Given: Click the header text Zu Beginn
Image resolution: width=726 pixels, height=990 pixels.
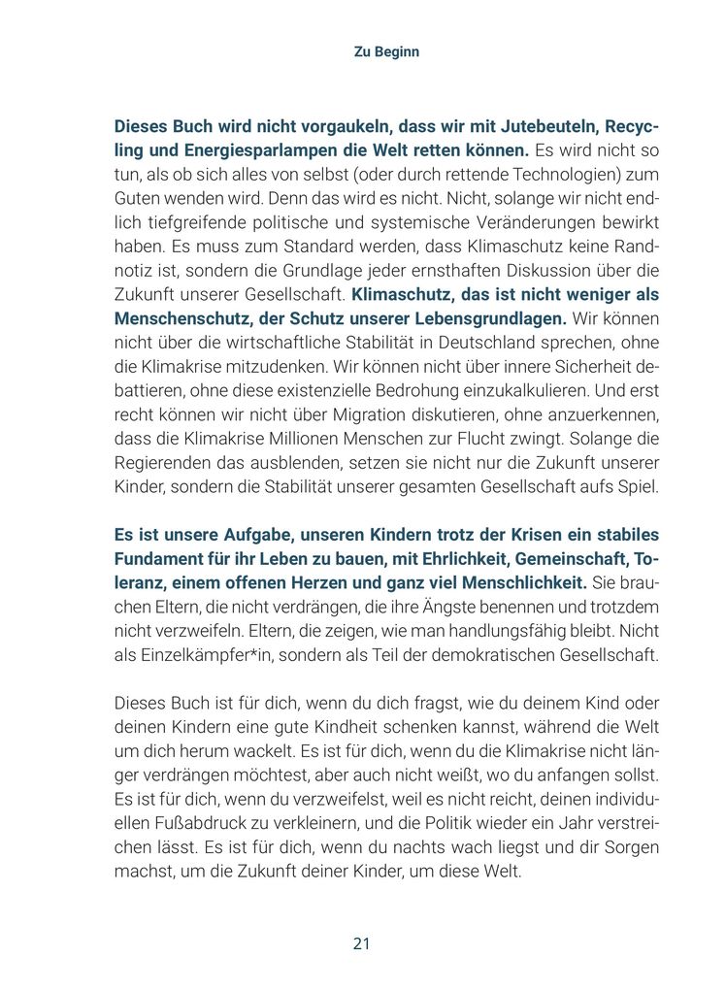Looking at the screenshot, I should tap(386, 51).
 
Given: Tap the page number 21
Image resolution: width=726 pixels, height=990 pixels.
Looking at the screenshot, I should tap(362, 943).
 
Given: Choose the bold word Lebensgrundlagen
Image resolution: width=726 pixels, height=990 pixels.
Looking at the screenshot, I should tap(492, 318).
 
